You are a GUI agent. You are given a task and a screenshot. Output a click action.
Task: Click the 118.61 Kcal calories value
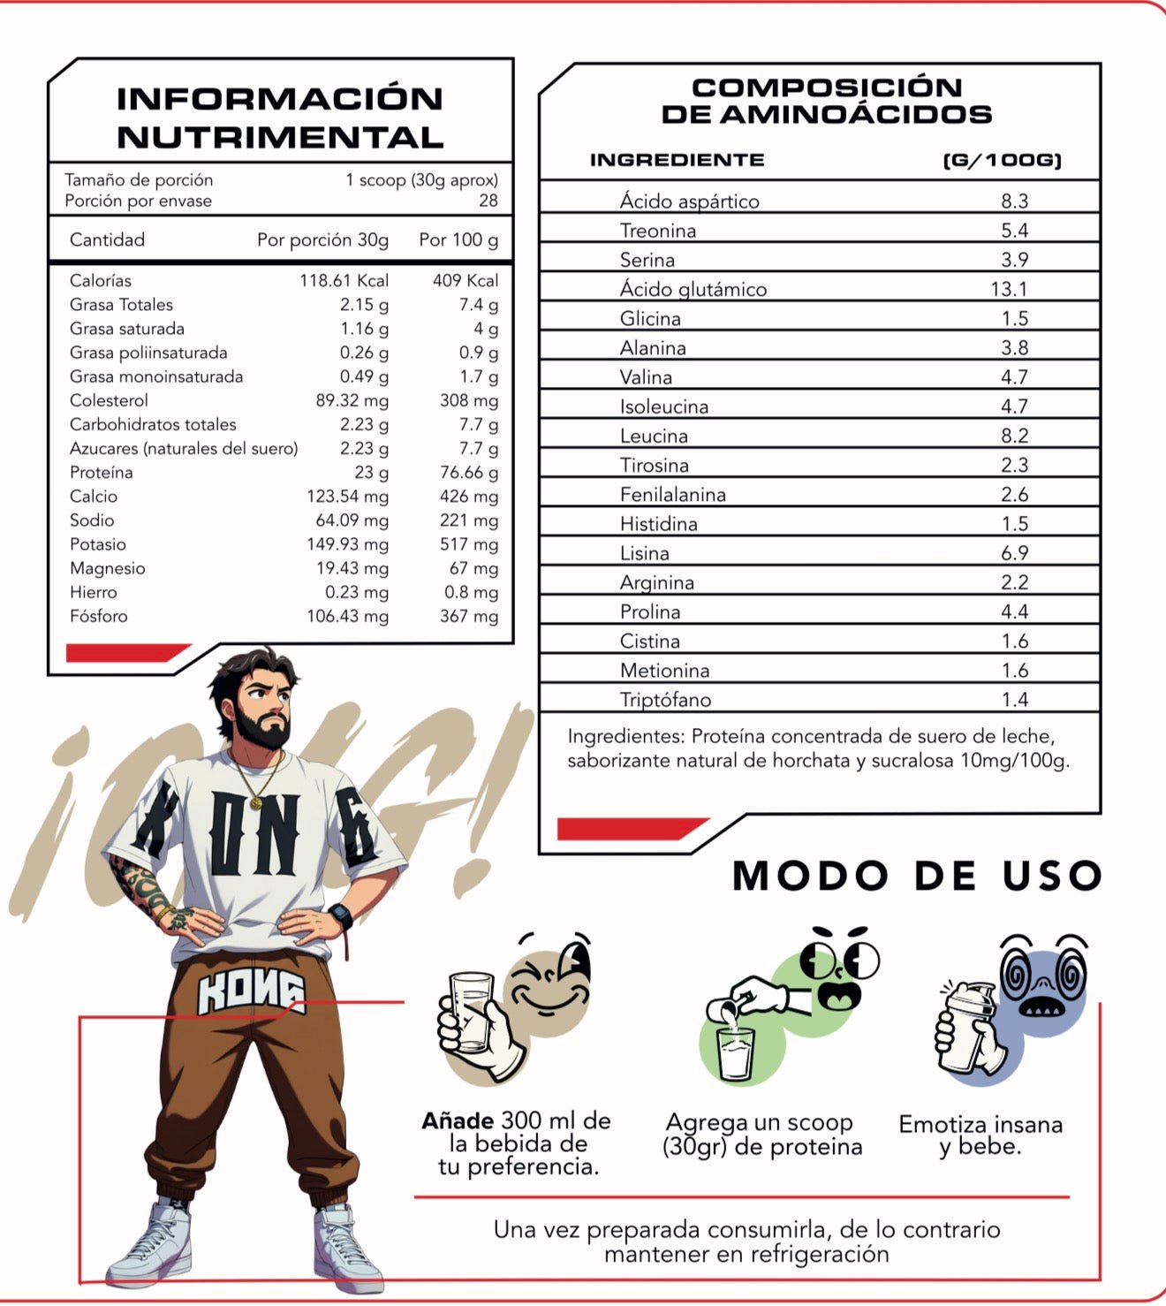click(344, 281)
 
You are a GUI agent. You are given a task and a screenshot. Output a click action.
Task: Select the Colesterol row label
click(109, 400)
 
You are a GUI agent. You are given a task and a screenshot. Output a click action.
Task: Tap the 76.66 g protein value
click(468, 473)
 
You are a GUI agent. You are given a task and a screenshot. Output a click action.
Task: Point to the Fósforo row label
click(99, 616)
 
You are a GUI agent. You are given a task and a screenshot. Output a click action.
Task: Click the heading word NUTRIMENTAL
click(280, 138)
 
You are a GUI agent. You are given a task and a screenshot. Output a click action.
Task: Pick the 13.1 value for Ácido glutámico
click(1009, 289)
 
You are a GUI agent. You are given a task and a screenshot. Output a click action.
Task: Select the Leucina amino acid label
click(654, 436)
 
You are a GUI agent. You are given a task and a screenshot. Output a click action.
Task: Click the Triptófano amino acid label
click(665, 700)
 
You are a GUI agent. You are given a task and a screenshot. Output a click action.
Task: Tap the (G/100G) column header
click(1002, 161)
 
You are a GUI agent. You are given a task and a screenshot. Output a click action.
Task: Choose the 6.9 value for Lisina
click(1015, 553)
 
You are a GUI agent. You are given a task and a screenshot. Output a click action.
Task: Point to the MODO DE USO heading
click(917, 876)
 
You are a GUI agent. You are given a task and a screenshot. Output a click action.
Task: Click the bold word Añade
click(458, 1121)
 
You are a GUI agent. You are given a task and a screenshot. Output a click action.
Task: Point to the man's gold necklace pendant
click(256, 802)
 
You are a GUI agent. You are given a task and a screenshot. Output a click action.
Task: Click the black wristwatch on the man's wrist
click(340, 915)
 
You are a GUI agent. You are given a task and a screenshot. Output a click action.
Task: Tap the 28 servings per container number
click(488, 201)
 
